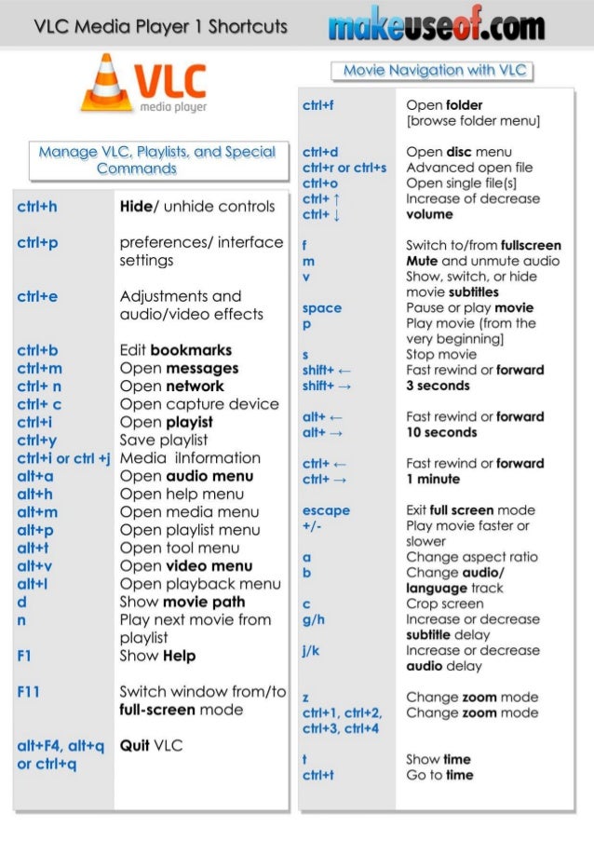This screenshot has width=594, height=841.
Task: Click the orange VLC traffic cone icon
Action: pos(106,84)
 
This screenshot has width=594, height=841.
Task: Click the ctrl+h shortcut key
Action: pos(37,207)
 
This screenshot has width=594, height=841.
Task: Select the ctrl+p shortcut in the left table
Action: pos(37,243)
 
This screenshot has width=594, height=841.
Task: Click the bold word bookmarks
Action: pos(191,351)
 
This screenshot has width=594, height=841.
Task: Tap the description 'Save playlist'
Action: pos(164,441)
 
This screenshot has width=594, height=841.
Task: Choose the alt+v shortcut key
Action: pos(36,566)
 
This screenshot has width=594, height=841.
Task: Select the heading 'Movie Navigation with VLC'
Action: pos(433,70)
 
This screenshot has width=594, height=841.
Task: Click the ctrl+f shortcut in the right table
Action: pos(317,105)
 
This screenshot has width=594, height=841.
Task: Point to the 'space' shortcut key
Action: pos(322,308)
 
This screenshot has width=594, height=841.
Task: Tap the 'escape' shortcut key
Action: pos(326,510)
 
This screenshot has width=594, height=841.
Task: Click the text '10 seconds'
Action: pos(441,432)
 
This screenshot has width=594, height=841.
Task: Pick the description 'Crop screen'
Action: pos(444,604)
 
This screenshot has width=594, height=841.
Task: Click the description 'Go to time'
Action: pos(439,775)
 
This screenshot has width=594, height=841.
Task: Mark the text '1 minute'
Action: pos(433,479)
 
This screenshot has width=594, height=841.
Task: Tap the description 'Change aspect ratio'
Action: pos(471,557)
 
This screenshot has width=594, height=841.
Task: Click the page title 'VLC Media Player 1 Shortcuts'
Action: pos(160,26)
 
